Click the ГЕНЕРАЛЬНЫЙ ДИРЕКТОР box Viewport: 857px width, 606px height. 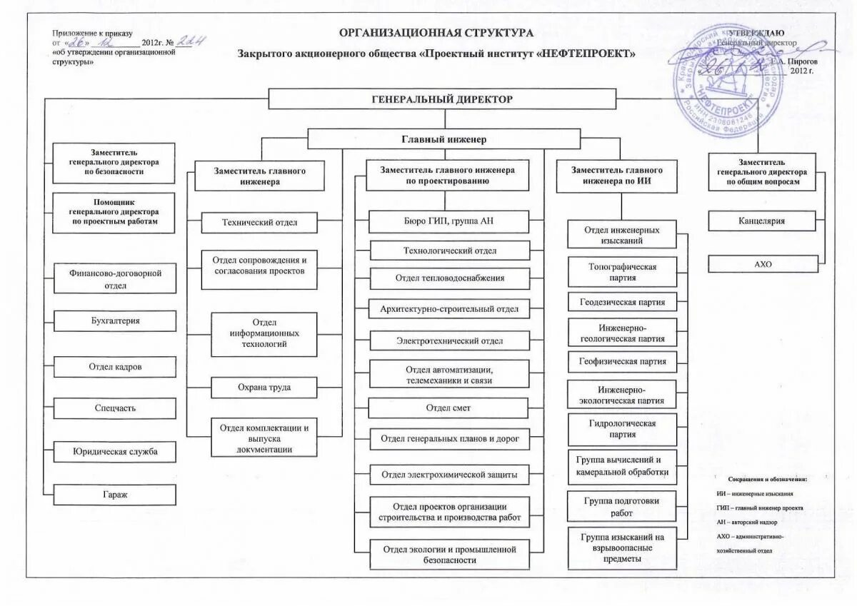[442, 99]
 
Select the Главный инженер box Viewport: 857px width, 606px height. [443, 139]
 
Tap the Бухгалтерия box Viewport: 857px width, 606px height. [115, 321]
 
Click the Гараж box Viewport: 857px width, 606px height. [115, 495]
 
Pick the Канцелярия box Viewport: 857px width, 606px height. [761, 221]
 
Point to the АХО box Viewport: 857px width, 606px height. [763, 264]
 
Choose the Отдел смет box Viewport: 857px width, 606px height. [448, 408]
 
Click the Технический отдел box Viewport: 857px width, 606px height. [259, 223]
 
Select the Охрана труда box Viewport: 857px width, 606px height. [264, 388]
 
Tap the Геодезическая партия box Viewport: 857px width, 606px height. [621, 302]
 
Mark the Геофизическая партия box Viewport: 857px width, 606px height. [621, 361]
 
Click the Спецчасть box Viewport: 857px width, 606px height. [115, 408]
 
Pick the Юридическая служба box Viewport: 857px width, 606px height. [115, 452]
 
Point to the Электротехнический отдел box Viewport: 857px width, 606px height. [449, 341]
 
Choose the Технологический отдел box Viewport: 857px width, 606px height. [449, 251]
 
